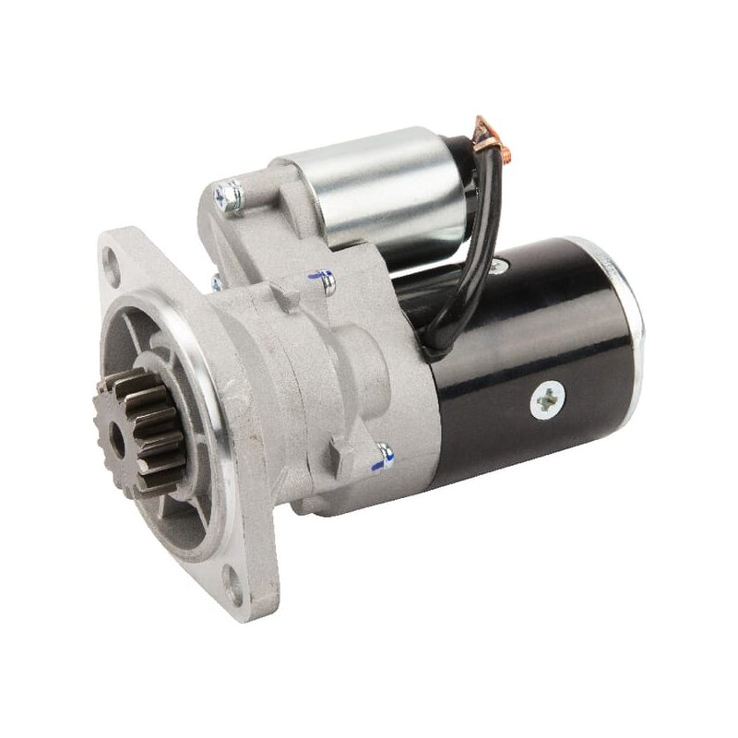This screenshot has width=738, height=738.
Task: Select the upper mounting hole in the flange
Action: coord(113,271)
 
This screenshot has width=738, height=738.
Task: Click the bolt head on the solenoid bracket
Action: coord(228,196)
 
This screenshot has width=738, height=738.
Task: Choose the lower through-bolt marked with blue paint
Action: coord(384,454)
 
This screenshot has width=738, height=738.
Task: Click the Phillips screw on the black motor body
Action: coord(545,398)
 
